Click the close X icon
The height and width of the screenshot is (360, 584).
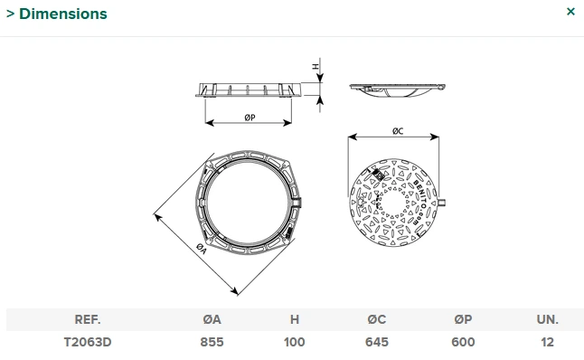tap(570, 12)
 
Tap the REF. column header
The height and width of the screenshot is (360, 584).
tap(88, 320)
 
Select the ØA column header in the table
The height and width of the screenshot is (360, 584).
tap(212, 320)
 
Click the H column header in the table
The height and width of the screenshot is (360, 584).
tap(295, 320)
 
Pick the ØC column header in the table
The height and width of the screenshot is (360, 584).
tap(376, 320)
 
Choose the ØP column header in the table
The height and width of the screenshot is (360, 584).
tap(463, 320)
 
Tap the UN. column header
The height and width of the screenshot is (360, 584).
tap(547, 320)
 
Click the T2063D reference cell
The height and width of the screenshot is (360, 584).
tap(88, 343)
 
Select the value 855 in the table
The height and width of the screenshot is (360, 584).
tap(212, 343)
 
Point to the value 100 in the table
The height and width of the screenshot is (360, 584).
tap(295, 343)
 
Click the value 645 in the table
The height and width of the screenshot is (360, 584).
tap(376, 343)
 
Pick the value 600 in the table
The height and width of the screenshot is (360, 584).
tap(463, 343)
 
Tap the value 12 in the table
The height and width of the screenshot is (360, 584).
tap(547, 343)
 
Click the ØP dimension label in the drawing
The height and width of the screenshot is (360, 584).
tap(249, 118)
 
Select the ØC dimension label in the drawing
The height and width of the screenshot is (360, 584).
tap(397, 131)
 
